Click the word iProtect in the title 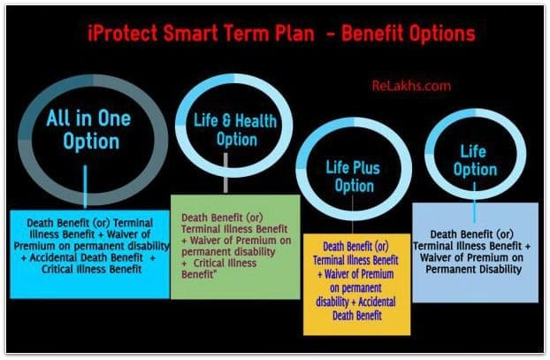point(122,34)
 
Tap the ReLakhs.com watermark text point(411,86)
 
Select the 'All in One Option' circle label point(89,129)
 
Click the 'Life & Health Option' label point(235,130)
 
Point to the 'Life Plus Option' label point(353,177)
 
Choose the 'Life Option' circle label point(475,161)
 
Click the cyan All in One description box point(90,255)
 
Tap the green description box point(235,247)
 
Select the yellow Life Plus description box point(356,284)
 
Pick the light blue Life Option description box point(476,252)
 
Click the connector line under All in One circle point(85,187)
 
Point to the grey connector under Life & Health point(225,172)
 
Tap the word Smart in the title point(190,34)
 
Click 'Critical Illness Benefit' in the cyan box point(92,269)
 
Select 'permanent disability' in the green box point(228,252)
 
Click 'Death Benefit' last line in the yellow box point(357,316)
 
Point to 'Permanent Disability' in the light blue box point(474,269)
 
